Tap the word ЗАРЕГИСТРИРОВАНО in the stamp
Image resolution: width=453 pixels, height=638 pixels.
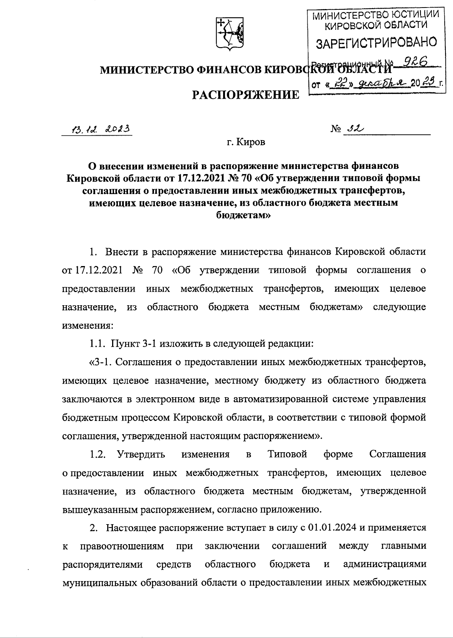(376, 42)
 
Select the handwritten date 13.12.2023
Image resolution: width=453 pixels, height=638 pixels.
(97, 130)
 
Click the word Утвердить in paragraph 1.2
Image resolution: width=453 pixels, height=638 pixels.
(141, 454)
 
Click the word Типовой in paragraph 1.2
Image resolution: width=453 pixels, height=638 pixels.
(287, 454)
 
